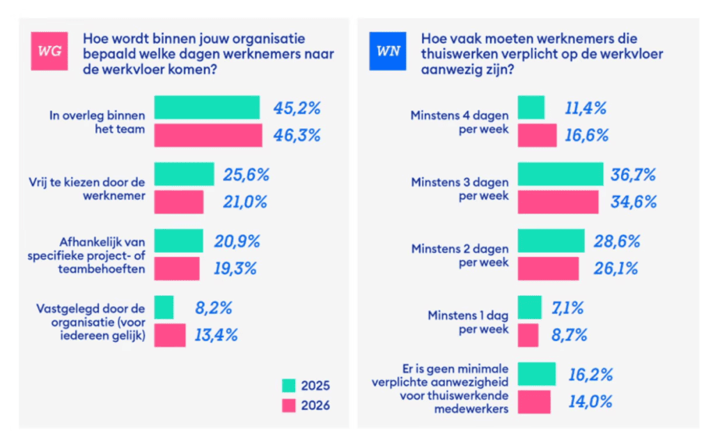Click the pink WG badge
[x=48, y=51]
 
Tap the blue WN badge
[x=388, y=51]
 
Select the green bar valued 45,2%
[x=207, y=107]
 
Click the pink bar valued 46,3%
[x=208, y=135]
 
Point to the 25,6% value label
[x=246, y=175]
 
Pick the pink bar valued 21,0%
[x=179, y=202]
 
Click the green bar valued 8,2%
[x=164, y=307]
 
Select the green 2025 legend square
[x=290, y=386]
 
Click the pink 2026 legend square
[x=290, y=405]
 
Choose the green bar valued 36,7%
[x=561, y=174]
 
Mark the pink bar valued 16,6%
[x=538, y=135]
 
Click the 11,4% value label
[x=585, y=108]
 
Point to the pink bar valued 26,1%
[x=549, y=269]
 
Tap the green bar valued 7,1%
[x=530, y=307]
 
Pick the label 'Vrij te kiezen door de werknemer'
[x=96, y=189]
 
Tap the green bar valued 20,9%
[x=178, y=241]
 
